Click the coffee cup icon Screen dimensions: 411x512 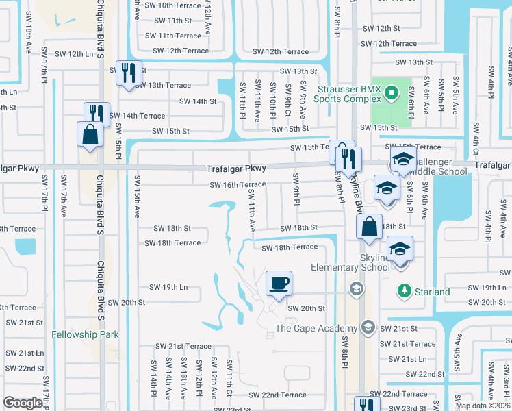point(278,284)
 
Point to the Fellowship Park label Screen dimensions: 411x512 point(85,335)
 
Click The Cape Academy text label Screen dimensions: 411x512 point(316,328)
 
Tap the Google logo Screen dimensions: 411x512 point(23,403)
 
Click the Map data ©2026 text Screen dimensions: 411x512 point(483,406)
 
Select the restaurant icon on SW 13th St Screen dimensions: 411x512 point(129,73)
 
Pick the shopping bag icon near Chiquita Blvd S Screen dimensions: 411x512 point(90,135)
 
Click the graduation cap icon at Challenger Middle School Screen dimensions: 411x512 point(403,162)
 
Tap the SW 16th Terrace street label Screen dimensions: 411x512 point(238,185)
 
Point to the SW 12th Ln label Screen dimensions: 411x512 point(71,53)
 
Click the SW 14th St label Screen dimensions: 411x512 point(198,101)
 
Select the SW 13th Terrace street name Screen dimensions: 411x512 point(163,85)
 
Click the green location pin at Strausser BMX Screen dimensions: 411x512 point(390,92)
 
